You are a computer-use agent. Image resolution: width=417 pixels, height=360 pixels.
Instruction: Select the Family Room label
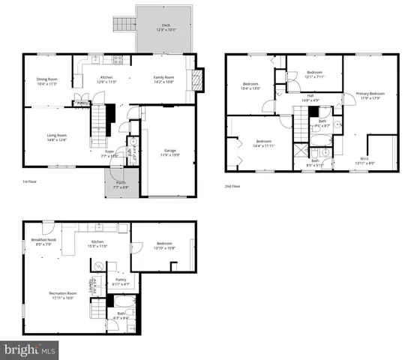point(164,79)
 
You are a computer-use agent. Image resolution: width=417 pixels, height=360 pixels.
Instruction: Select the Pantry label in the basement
point(121,282)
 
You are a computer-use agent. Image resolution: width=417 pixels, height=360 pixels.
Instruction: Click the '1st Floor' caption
point(31,181)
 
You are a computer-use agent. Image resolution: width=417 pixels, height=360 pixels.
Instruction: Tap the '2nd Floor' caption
point(233,186)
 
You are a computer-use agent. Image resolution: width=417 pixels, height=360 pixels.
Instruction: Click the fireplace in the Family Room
point(198,79)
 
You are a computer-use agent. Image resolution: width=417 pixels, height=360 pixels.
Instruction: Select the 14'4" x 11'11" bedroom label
point(262,143)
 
